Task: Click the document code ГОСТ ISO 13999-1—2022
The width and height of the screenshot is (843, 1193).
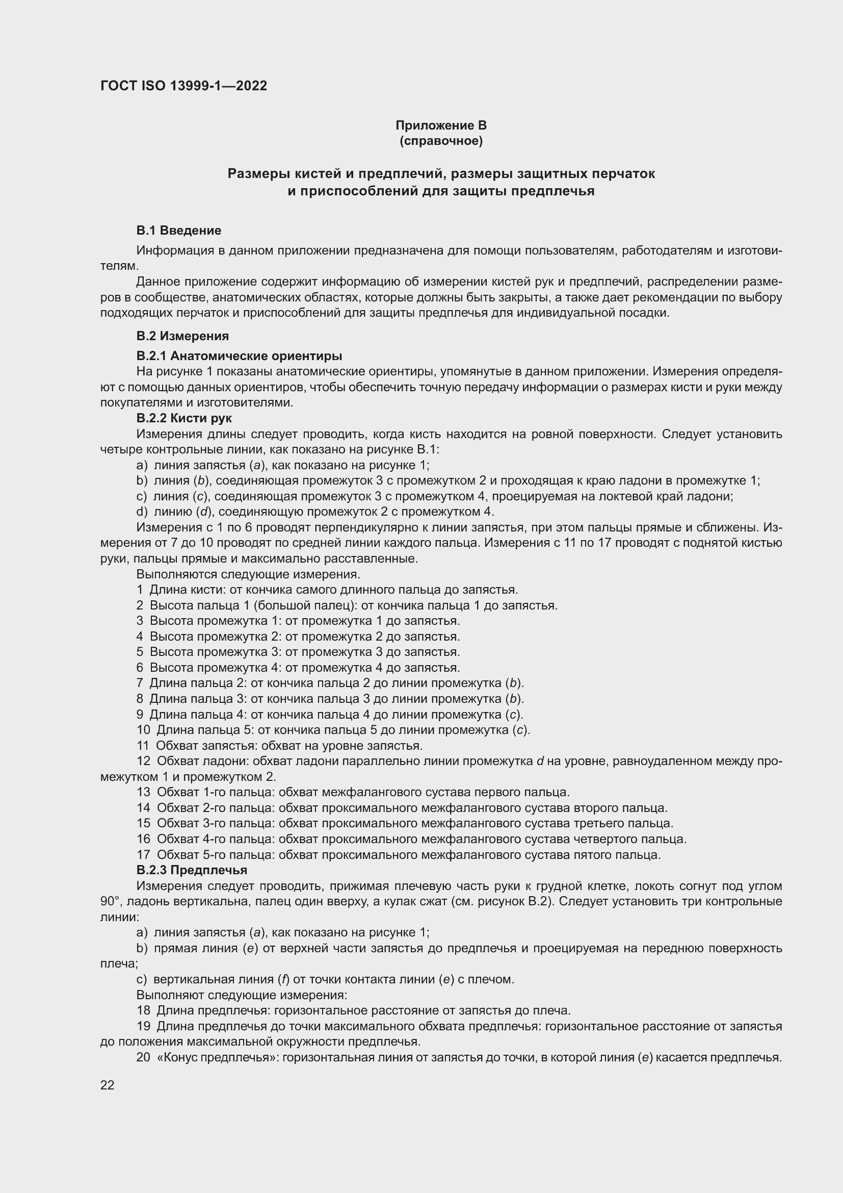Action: point(183,86)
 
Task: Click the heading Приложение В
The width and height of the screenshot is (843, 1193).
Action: point(441,125)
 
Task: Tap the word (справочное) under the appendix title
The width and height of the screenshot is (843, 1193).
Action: point(441,141)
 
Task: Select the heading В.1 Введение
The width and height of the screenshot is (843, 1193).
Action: point(178,230)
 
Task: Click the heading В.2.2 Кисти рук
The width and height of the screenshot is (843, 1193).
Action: point(184,418)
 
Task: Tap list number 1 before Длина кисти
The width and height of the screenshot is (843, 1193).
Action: point(140,590)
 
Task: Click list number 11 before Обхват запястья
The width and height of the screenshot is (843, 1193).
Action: point(143,746)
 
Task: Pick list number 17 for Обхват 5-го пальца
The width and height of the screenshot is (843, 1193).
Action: point(143,854)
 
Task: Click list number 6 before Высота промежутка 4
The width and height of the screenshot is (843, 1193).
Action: point(140,668)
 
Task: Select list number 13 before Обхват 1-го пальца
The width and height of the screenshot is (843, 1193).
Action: point(143,793)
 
